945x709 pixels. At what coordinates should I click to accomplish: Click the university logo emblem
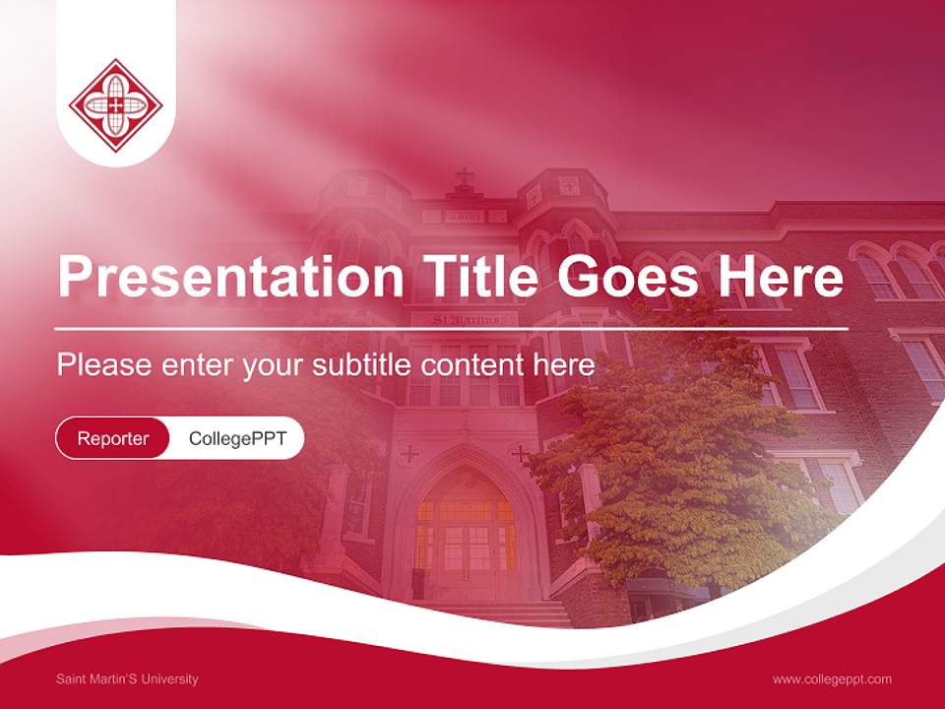pos(116,105)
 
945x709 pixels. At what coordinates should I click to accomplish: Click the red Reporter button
pos(113,438)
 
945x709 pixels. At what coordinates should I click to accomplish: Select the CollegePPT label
pos(237,438)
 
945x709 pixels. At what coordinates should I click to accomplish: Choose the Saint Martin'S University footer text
pos(127,678)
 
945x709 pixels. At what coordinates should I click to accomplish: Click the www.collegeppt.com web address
pos(832,678)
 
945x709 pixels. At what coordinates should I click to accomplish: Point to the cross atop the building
pos(465,178)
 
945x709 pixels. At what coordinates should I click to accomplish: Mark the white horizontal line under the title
pos(452,328)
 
